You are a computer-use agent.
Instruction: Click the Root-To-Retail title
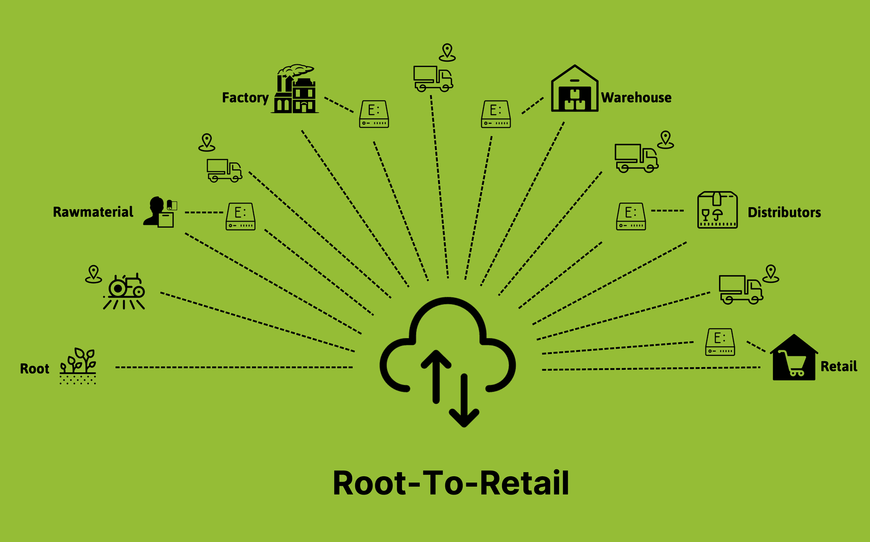[451, 483]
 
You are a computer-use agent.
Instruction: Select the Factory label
[245, 98]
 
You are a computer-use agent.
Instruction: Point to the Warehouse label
[636, 97]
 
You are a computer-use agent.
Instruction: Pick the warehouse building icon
[574, 89]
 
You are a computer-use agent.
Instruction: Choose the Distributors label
[784, 212]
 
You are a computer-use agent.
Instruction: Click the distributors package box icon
[717, 210]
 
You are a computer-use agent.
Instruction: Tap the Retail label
[839, 366]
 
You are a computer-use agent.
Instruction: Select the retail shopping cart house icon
[794, 358]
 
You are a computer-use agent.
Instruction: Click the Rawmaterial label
[93, 212]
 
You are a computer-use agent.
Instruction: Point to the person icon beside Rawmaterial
[159, 212]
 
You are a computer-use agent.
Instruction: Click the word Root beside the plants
[34, 369]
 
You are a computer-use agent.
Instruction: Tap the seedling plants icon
[78, 366]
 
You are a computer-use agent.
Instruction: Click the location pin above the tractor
[93, 274]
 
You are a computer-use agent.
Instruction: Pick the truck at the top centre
[433, 78]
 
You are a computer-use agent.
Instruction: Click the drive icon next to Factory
[374, 114]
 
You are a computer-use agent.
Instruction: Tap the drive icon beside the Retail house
[720, 342]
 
